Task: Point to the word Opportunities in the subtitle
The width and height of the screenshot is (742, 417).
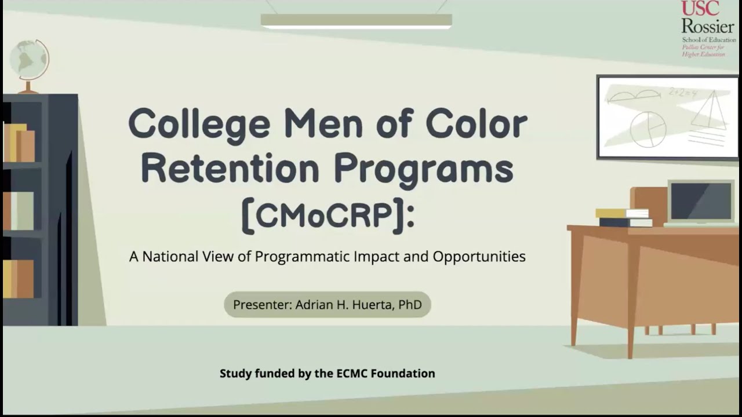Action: [x=479, y=256]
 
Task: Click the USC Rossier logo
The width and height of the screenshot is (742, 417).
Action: [x=707, y=29]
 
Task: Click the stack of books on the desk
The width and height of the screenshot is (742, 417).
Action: [x=623, y=217]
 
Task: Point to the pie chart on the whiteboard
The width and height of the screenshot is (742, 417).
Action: [x=648, y=129]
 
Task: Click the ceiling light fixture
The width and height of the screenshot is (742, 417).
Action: [x=356, y=21]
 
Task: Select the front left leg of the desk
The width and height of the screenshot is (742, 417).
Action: [x=631, y=301]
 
